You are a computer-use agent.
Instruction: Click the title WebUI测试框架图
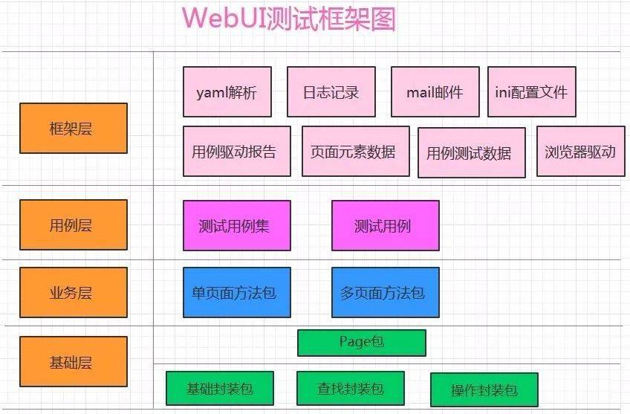[289, 19]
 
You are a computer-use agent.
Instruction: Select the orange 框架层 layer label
[73, 128]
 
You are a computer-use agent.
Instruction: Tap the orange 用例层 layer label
[73, 224]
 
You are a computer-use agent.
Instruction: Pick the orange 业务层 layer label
[73, 292]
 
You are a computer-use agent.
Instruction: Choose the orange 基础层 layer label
[73, 362]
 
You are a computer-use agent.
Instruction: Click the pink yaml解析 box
[227, 92]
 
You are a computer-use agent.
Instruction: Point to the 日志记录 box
[331, 92]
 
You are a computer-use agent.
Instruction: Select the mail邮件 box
[435, 92]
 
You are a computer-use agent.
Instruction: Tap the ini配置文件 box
[531, 92]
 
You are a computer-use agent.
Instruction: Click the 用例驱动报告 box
[234, 152]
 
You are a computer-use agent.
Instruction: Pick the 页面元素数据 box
[355, 152]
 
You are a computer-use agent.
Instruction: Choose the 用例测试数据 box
[471, 153]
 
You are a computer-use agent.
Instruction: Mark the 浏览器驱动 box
[580, 152]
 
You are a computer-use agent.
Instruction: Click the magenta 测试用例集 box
[236, 225]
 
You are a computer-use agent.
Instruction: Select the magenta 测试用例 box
[385, 225]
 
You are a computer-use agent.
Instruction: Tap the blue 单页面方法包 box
[236, 292]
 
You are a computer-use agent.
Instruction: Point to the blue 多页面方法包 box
[385, 292]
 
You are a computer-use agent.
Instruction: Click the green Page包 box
[361, 343]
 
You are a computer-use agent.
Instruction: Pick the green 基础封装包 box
[219, 388]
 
